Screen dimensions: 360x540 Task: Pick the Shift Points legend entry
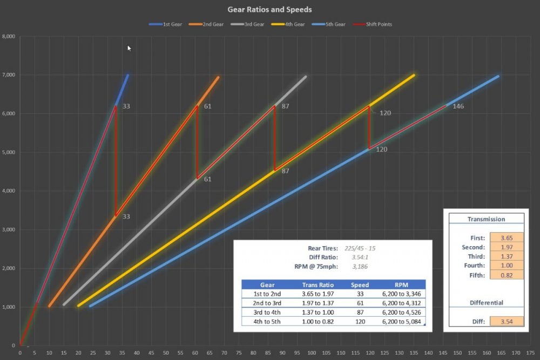click(383, 24)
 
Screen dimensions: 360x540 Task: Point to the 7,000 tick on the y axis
click(9, 76)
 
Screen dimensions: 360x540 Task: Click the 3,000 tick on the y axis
click(9, 230)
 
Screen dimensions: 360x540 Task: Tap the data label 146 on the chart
click(458, 106)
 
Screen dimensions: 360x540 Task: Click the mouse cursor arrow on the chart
click(129, 48)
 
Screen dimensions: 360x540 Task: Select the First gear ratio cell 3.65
click(507, 237)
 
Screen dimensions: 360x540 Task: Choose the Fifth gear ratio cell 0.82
click(507, 275)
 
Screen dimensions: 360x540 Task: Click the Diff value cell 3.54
click(507, 322)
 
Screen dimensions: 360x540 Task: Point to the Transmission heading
click(486, 219)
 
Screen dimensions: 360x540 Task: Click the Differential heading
click(486, 303)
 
